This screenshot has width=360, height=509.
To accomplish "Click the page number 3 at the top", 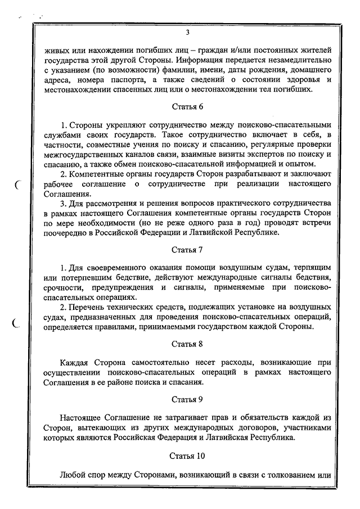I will point(187,32).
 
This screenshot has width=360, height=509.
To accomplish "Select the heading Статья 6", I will point(187,106).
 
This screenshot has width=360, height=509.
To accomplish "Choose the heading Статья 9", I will point(187,399).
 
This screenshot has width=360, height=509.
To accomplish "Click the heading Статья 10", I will point(187,456).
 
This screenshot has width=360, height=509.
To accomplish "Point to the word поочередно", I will point(67,232).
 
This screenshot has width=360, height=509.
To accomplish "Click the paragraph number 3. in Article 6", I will point(64,202).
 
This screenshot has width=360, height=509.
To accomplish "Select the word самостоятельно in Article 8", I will point(153,363).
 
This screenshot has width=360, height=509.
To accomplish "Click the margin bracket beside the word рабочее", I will point(18,183).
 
